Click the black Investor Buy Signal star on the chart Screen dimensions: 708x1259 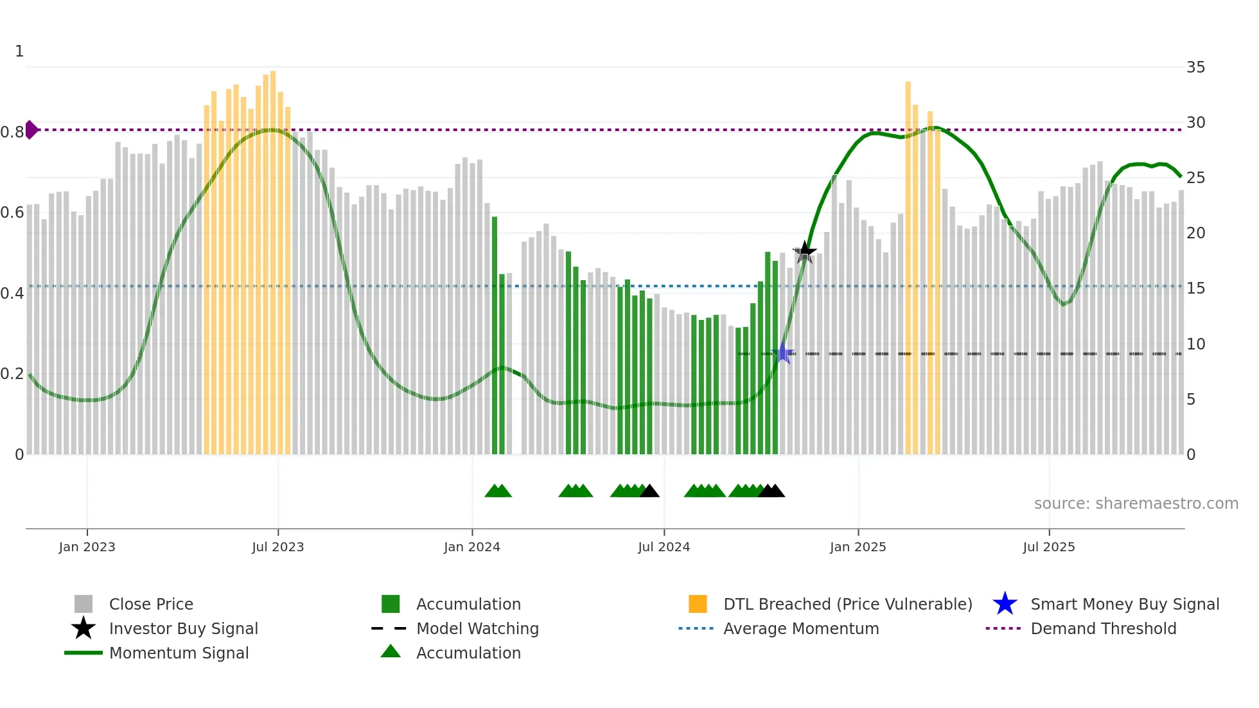pyautogui.click(x=804, y=252)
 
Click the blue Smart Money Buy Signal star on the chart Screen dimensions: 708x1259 pyautogui.click(x=784, y=353)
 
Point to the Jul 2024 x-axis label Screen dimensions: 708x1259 pyautogui.click(x=664, y=547)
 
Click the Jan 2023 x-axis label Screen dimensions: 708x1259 pyautogui.click(x=87, y=547)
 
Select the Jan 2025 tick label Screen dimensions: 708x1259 pyautogui.click(x=858, y=547)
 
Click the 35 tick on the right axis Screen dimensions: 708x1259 pyautogui.click(x=1195, y=67)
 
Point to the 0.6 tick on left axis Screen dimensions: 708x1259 pyautogui.click(x=12, y=213)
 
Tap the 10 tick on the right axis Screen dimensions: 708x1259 pyautogui.click(x=1195, y=344)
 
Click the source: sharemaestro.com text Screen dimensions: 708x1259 pyautogui.click(x=1136, y=504)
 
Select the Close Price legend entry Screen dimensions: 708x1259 pyautogui.click(x=150, y=604)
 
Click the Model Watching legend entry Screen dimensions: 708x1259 pyautogui.click(x=477, y=628)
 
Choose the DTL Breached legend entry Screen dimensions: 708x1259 pyautogui.click(x=847, y=604)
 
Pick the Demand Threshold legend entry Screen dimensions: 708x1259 pyautogui.click(x=1103, y=628)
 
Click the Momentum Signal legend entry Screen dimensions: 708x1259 pyautogui.click(x=179, y=653)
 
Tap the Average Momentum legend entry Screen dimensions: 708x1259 pyautogui.click(x=800, y=628)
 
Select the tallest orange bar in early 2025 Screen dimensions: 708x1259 pyautogui.click(x=908, y=270)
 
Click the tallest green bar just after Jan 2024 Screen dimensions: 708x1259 pyautogui.click(x=495, y=334)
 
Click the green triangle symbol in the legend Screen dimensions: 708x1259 pyautogui.click(x=391, y=652)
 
